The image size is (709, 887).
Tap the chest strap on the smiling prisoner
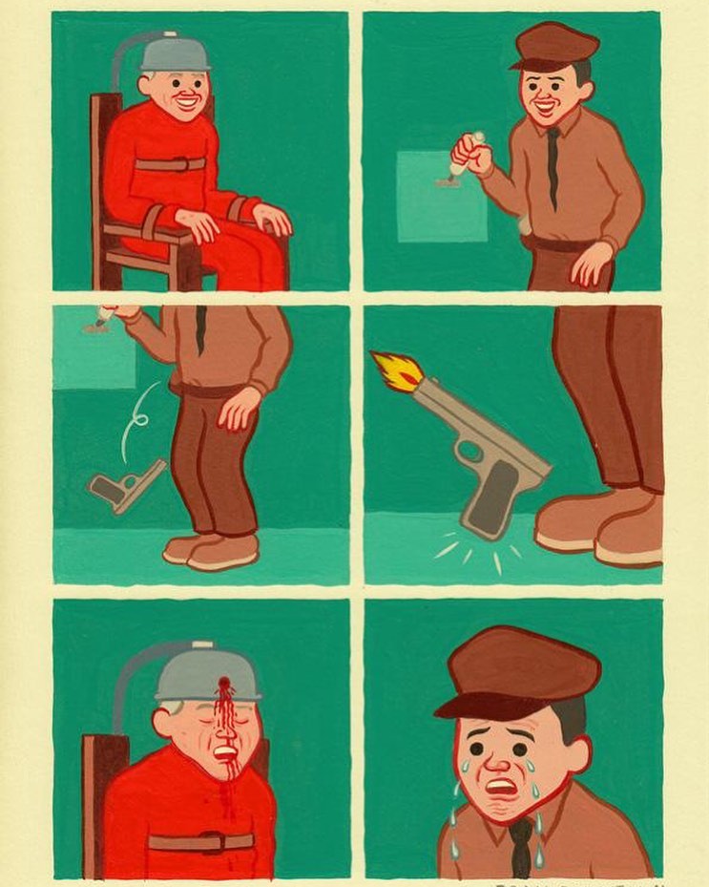coord(170,163)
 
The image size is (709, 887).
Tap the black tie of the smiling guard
coord(553,167)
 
